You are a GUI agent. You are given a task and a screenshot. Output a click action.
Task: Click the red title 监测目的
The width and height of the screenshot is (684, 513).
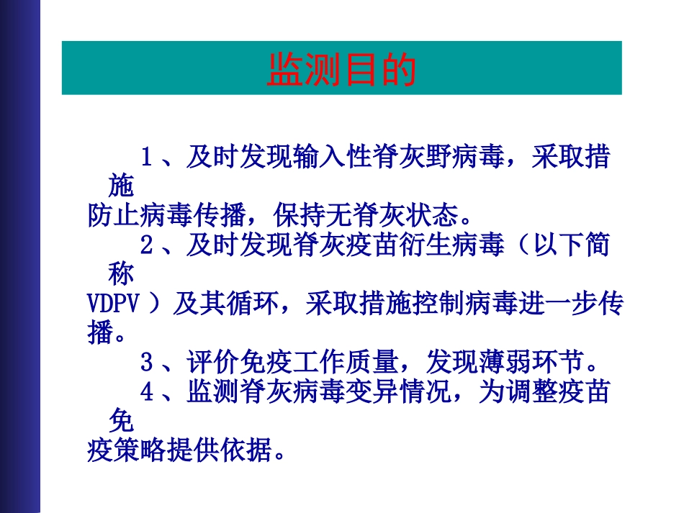pyautogui.click(x=341, y=70)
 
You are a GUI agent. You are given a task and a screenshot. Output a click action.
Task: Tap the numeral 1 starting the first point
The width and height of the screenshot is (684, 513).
pyautogui.click(x=146, y=158)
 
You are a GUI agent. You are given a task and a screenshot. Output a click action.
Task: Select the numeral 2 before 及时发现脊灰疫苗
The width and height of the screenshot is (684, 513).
pyautogui.click(x=146, y=246)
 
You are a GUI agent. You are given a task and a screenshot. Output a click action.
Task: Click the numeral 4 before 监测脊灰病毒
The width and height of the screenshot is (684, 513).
pyautogui.click(x=146, y=392)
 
